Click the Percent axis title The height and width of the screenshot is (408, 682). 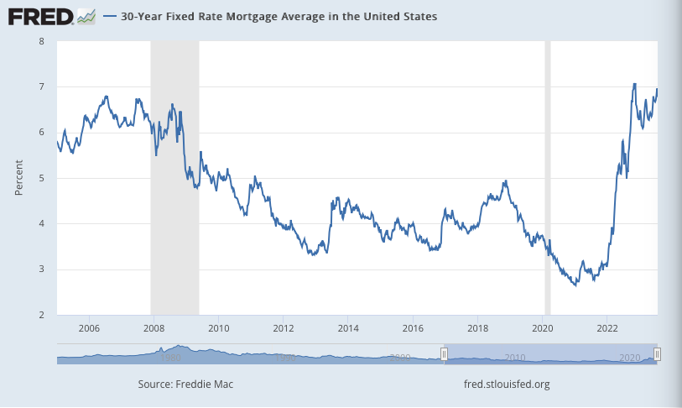click(x=18, y=178)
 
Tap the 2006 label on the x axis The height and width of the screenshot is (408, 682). click(x=89, y=327)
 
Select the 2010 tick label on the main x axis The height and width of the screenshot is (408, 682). click(x=218, y=327)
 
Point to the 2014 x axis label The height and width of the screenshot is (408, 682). click(x=348, y=327)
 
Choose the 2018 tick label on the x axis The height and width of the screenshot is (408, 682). click(x=477, y=327)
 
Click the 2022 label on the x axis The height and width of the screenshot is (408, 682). click(x=607, y=327)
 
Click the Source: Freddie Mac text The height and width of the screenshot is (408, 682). click(x=185, y=384)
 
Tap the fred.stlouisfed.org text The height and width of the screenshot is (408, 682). click(x=507, y=384)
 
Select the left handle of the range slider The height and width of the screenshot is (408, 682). click(x=445, y=354)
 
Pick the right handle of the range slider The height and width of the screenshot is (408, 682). click(x=658, y=354)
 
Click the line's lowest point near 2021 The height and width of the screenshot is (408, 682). click(x=575, y=286)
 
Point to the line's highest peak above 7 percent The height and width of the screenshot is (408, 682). click(x=634, y=84)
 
